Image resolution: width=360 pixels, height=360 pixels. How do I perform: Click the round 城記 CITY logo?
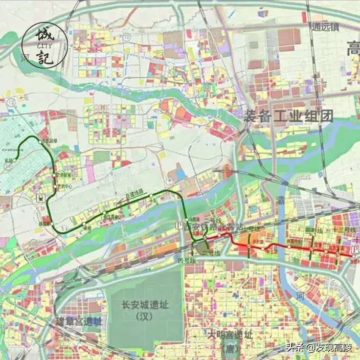pyautogui.click(x=45, y=45)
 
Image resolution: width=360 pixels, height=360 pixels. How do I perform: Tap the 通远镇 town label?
pyautogui.click(x=324, y=28)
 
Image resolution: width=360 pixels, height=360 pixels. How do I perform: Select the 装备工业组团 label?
pyautogui.click(x=289, y=116)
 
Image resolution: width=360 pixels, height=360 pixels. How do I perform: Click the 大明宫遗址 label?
pyautogui.click(x=230, y=335)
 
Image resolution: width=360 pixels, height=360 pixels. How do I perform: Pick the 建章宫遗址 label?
pyautogui.click(x=79, y=322)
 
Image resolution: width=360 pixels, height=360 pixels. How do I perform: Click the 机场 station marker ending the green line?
pyautogui.click(x=16, y=160)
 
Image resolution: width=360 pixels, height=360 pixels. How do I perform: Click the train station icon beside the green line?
pyautogui.click(x=39, y=197)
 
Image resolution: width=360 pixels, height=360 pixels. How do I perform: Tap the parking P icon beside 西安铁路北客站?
pyautogui.click(x=179, y=226)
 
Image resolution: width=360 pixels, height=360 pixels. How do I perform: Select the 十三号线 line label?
pyautogui.click(x=344, y=231)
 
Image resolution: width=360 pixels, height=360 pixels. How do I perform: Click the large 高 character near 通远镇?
pyautogui.click(x=353, y=50)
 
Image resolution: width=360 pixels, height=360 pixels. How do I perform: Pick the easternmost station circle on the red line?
pyautogui.click(x=352, y=255)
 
